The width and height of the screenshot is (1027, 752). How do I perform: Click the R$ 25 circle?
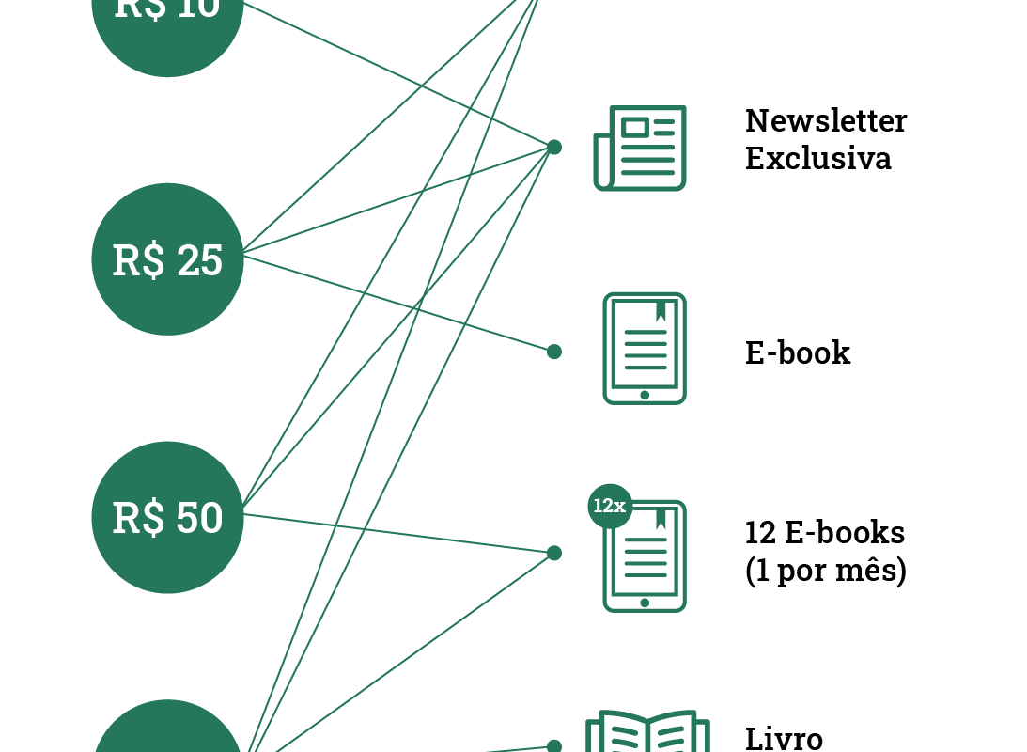pyautogui.click(x=167, y=259)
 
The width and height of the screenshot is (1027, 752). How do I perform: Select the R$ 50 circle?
pyautogui.click(x=167, y=517)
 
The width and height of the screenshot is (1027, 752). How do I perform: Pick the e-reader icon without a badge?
pyautogui.click(x=645, y=348)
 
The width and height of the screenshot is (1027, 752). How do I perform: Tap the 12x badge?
pyautogui.click(x=610, y=506)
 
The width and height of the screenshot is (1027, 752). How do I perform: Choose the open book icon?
pyautogui.click(x=648, y=733)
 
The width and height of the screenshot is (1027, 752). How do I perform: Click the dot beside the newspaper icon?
pyautogui.click(x=554, y=147)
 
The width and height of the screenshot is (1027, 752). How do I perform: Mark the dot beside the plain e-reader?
pyautogui.click(x=554, y=352)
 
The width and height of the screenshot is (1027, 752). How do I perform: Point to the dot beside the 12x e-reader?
pyautogui.click(x=554, y=554)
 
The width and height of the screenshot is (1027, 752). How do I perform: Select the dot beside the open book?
pyautogui.click(x=554, y=746)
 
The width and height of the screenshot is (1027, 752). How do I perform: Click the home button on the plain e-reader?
pyautogui.click(x=645, y=396)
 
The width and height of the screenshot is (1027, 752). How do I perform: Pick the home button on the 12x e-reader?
pyautogui.click(x=645, y=603)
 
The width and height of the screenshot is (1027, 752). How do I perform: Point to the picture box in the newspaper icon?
pyautogui.click(x=635, y=127)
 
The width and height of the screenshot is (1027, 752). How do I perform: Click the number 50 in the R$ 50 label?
pyautogui.click(x=199, y=518)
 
